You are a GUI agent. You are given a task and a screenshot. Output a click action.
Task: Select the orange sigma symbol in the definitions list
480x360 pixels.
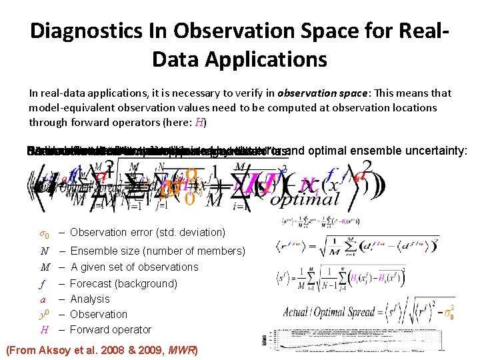click(x=42, y=233)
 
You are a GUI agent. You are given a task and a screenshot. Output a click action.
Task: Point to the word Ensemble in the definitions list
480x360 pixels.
click(x=92, y=251)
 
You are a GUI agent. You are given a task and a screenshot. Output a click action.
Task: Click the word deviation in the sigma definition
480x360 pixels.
click(x=200, y=233)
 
